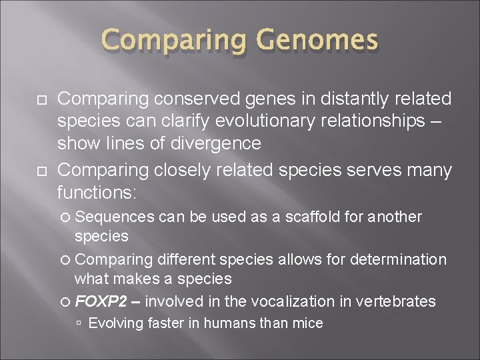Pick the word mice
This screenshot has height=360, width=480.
tap(309, 324)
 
